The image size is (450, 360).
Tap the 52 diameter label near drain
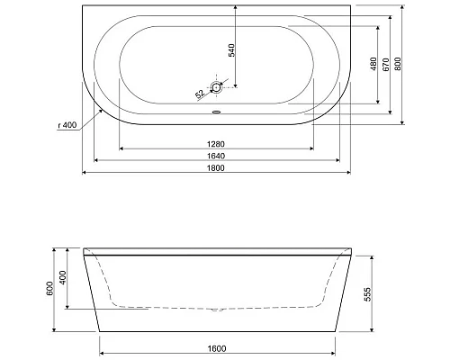tap(199, 93)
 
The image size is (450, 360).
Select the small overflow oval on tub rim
tap(216, 114)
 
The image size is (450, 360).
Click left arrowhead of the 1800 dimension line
tap(85, 173)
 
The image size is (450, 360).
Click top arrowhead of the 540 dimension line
tap(237, 9)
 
